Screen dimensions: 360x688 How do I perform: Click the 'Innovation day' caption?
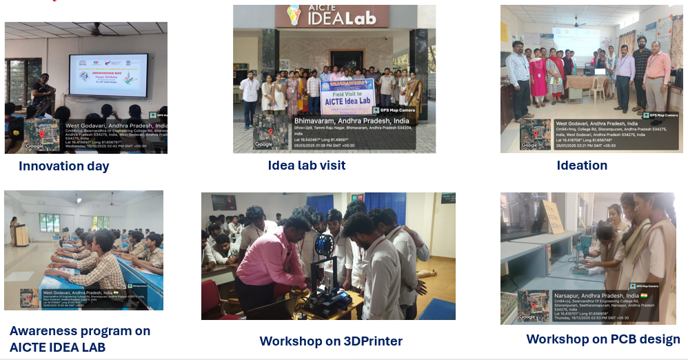tap(63, 166)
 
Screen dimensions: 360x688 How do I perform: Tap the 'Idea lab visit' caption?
tap(307, 165)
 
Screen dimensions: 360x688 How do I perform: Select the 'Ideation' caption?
tap(582, 165)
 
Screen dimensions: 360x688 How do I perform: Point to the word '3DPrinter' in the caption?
tap(373, 341)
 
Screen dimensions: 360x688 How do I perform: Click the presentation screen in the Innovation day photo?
tap(108, 74)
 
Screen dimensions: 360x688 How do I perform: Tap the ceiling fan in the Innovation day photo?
tap(97, 30)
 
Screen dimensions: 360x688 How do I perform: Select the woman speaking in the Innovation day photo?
tap(43, 93)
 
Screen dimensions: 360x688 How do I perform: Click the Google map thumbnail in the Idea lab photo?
tap(265, 131)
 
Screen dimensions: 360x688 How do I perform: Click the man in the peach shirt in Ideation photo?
tap(656, 76)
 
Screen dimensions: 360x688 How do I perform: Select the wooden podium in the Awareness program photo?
tap(22, 236)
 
